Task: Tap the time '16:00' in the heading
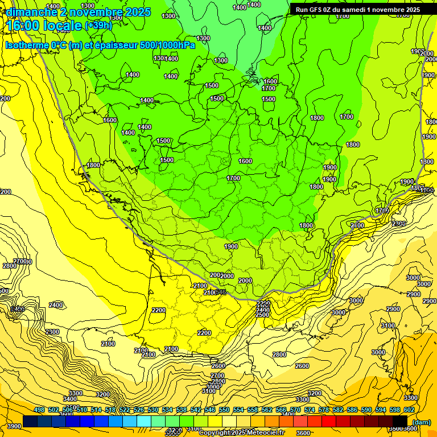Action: [x=24, y=25]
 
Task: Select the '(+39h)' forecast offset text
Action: [x=98, y=25]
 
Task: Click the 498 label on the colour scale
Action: [x=39, y=410]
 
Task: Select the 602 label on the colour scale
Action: [x=409, y=410]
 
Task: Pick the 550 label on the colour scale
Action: [x=224, y=410]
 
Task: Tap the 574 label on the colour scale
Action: [x=310, y=410]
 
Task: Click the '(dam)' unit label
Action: [x=422, y=422]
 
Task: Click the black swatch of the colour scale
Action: [x=400, y=421]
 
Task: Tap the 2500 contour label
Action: [x=262, y=315]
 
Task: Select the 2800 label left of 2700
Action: [x=10, y=266]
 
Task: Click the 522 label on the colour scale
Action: [x=125, y=410]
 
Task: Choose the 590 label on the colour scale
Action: [x=366, y=410]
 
